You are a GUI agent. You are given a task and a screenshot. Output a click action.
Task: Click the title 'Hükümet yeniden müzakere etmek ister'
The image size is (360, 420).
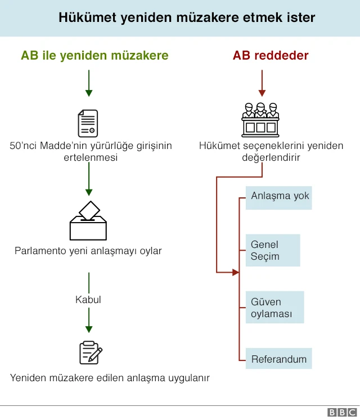click(x=187, y=18)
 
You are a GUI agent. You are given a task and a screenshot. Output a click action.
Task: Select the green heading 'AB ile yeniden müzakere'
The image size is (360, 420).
click(x=94, y=55)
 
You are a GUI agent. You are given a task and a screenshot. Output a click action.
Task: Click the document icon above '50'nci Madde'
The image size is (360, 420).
click(x=88, y=123)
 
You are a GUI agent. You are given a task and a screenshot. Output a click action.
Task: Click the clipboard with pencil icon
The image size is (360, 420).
click(x=90, y=353)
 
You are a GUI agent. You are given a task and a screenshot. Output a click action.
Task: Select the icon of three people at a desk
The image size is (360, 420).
click(x=260, y=119)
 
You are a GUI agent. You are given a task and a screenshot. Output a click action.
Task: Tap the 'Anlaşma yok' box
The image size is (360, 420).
click(x=279, y=196)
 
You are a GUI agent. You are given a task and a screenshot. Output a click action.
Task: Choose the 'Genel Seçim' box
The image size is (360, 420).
click(x=273, y=251)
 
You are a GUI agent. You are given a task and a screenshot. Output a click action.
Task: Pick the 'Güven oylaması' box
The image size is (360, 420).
click(x=275, y=308)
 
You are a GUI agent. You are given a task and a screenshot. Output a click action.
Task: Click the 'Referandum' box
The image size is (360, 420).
click(x=278, y=359)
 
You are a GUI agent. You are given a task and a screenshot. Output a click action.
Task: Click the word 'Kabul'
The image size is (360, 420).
click(x=88, y=300)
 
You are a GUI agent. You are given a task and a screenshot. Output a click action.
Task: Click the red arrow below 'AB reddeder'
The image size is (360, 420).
click(x=260, y=83)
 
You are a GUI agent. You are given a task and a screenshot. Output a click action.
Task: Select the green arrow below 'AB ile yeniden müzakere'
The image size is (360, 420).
click(x=88, y=83)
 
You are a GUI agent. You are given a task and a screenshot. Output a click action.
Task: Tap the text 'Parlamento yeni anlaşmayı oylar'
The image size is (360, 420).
click(x=88, y=251)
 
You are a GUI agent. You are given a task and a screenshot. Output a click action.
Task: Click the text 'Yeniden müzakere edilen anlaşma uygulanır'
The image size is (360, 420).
click(x=110, y=378)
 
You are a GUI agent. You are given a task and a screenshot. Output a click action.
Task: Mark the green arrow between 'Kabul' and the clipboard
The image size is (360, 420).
click(x=88, y=323)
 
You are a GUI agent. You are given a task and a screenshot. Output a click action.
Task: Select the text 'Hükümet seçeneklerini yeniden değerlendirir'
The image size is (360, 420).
click(x=271, y=152)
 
